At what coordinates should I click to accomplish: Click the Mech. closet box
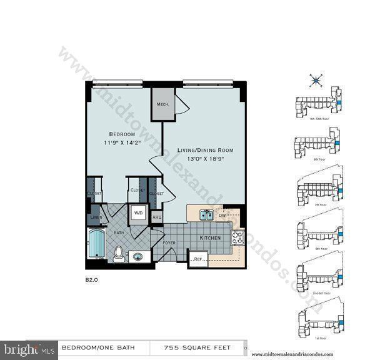coord(164,104)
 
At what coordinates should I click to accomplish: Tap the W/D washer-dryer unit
coord(137,212)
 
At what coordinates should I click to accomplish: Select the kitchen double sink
coord(207,214)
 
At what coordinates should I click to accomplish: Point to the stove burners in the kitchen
coord(237,237)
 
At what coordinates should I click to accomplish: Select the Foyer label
coord(169,242)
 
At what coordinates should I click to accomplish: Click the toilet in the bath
coord(118,253)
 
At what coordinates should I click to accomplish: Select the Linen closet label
coord(95,217)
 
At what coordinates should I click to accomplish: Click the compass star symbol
coord(316,79)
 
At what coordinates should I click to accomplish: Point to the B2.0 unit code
coord(92,281)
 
